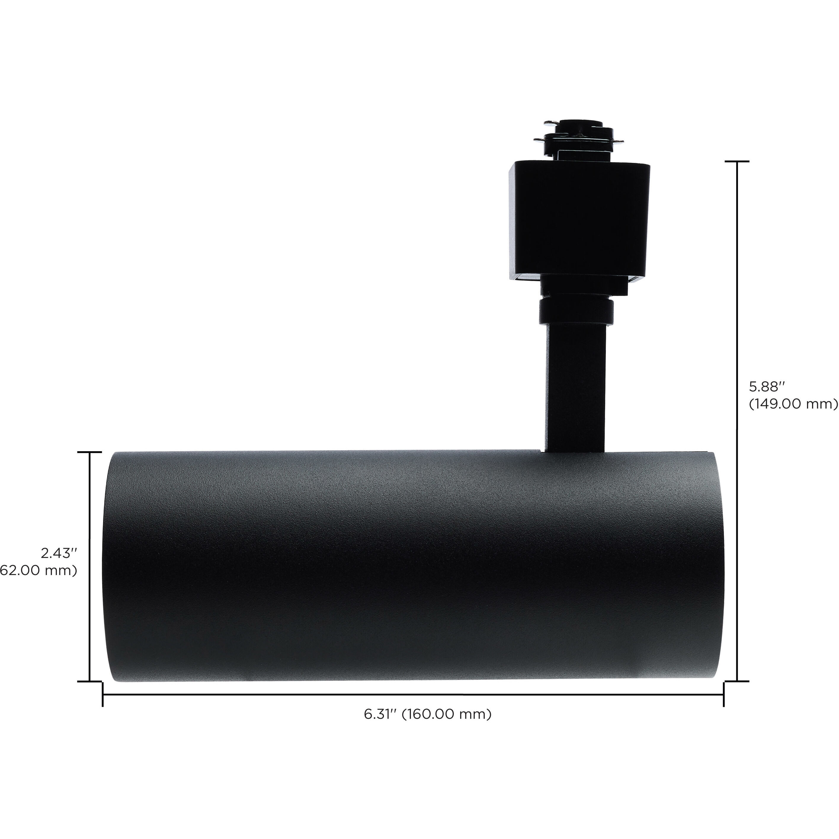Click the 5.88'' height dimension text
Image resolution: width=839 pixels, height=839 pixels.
pyautogui.click(x=767, y=386)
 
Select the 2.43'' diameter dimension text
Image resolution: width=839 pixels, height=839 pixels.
pyautogui.click(x=59, y=553)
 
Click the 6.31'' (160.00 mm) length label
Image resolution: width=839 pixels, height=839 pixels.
pyautogui.click(x=428, y=714)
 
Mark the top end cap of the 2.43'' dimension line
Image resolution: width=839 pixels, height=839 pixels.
pyautogui.click(x=89, y=452)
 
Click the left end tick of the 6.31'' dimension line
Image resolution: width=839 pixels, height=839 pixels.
pyautogui.click(x=103, y=694)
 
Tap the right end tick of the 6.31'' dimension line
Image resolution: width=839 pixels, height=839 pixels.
pyautogui.click(x=723, y=694)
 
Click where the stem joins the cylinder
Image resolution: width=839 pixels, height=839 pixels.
pyautogui.click(x=572, y=451)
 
